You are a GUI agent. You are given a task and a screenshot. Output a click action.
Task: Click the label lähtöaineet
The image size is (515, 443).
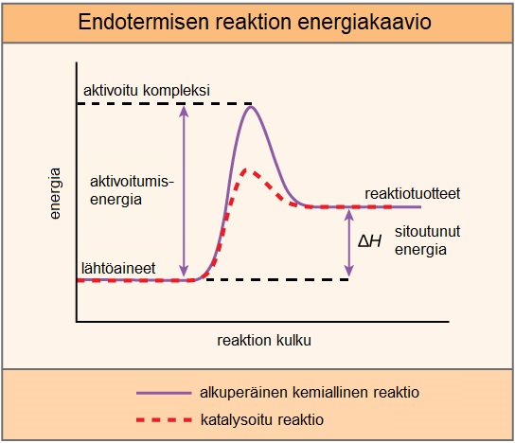(x=118, y=268)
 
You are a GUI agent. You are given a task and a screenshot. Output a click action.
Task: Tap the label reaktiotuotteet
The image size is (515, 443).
(x=413, y=193)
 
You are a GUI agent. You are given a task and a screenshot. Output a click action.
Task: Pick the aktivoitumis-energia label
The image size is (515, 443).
(x=133, y=190)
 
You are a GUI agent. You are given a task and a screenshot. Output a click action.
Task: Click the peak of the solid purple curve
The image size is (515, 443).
(x=251, y=107)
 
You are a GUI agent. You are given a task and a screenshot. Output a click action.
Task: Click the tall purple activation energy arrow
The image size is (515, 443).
(x=185, y=189)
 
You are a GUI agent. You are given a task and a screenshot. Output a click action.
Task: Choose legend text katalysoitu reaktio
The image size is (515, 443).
(x=262, y=417)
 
